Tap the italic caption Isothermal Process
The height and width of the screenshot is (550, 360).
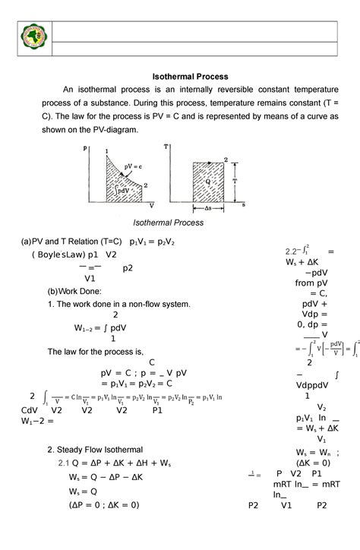click(x=168, y=223)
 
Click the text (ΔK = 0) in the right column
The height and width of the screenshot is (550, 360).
click(x=312, y=463)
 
